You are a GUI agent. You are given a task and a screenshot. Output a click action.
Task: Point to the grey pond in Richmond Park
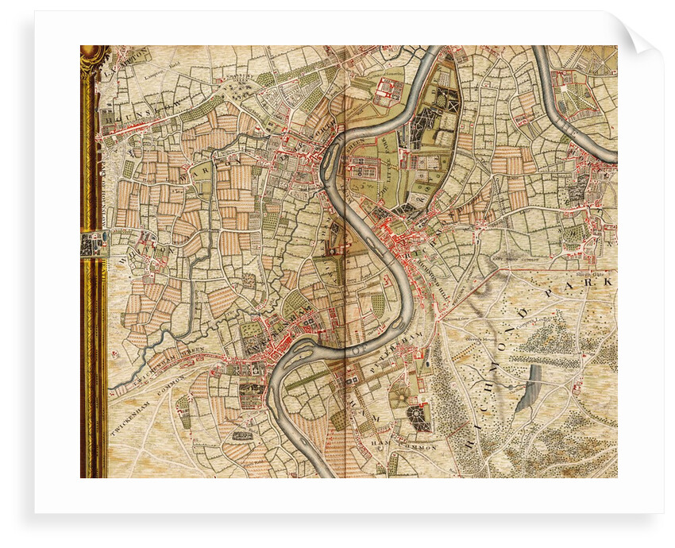[527, 389]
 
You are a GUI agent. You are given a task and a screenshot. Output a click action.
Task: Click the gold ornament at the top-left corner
[94, 56]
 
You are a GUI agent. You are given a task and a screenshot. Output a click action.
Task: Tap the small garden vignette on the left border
[94, 243]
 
